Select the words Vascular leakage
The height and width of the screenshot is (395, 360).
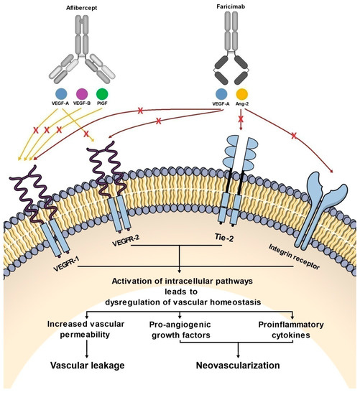tap(87, 365)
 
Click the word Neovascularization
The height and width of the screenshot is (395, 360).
tap(239, 365)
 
